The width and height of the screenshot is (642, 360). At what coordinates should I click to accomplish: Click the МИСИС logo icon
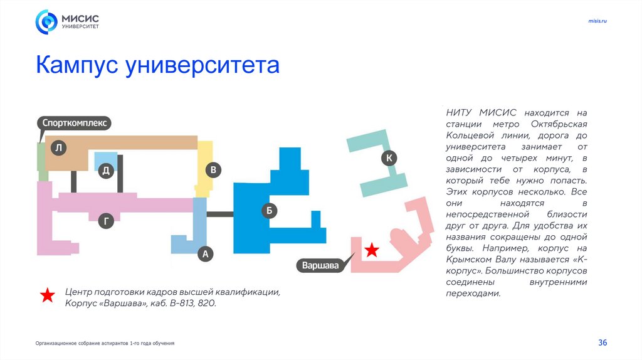(x=46, y=22)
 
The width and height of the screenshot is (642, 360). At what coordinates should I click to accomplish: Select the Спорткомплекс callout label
(x=75, y=123)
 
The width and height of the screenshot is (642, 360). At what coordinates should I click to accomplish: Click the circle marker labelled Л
(x=58, y=148)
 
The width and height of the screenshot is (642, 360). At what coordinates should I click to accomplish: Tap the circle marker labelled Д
(x=107, y=171)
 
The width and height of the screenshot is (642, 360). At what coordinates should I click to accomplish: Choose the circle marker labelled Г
(x=107, y=220)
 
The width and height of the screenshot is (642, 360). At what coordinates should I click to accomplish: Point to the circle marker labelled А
(x=205, y=254)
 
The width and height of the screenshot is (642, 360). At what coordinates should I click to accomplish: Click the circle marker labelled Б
(x=269, y=211)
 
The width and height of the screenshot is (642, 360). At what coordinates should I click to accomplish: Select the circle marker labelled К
(x=389, y=158)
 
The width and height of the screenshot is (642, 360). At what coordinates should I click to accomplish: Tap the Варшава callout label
(x=320, y=265)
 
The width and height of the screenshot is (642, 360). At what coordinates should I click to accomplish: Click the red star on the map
(x=372, y=250)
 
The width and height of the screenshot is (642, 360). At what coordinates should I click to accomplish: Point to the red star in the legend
(x=48, y=296)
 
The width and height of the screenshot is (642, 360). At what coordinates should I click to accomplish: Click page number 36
(x=603, y=342)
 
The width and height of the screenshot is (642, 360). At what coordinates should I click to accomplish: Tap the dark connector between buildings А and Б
(x=220, y=214)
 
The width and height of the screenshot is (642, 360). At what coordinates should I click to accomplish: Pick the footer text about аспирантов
(x=105, y=343)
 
